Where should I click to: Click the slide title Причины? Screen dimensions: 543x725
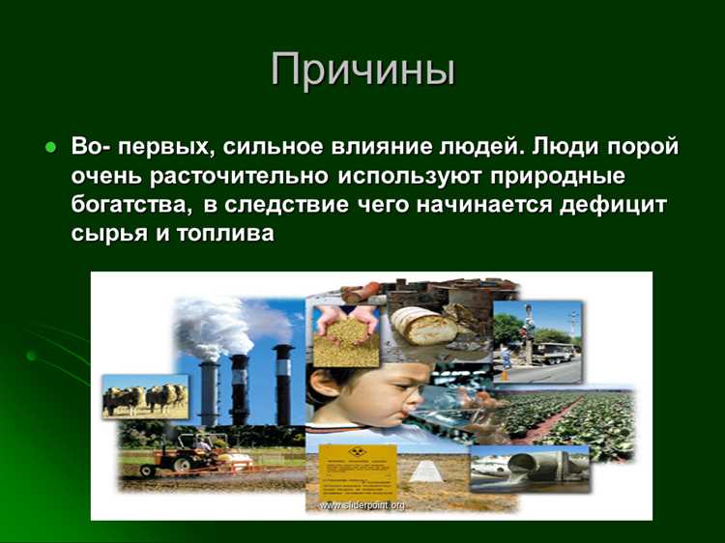[x=362, y=71]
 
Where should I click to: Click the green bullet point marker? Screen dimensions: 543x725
[x=50, y=147]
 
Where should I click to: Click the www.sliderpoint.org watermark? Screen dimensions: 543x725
[x=362, y=505]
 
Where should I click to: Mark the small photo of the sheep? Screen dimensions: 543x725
[x=145, y=396]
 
